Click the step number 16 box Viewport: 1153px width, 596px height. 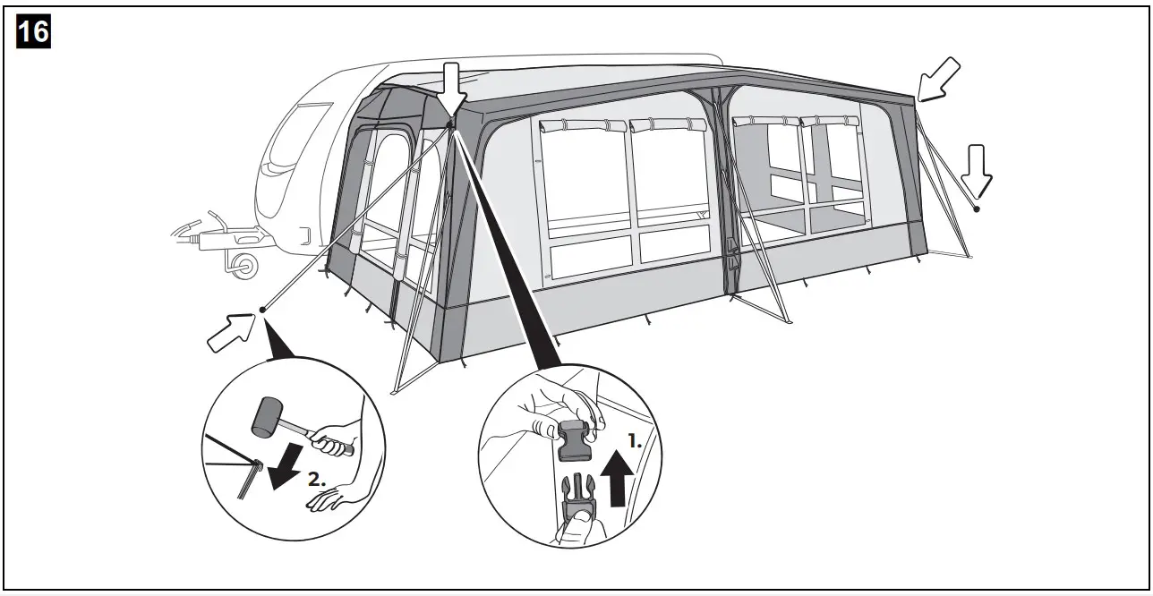tap(33, 33)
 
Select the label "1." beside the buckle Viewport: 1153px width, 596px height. tap(635, 441)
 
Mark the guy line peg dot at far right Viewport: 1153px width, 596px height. tap(977, 209)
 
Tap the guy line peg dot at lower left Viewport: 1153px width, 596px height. tap(263, 310)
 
